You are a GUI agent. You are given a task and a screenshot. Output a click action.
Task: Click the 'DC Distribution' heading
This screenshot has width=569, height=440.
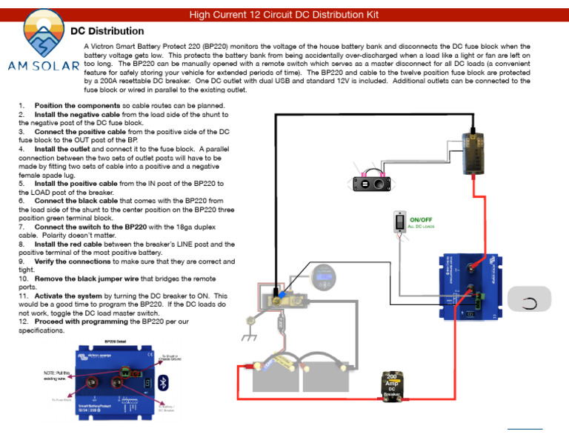tap(107, 31)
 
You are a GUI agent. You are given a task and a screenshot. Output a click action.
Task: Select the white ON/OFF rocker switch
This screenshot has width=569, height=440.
tap(399, 223)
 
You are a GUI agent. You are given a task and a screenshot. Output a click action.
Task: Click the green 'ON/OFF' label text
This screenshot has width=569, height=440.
tap(422, 220)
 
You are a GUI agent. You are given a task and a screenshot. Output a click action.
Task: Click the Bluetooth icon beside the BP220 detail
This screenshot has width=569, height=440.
tap(166, 382)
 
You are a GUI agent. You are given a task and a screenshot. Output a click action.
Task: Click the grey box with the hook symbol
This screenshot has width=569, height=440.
tap(528, 302)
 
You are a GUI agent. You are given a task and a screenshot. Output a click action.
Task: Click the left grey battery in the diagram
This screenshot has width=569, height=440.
tap(276, 373)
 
